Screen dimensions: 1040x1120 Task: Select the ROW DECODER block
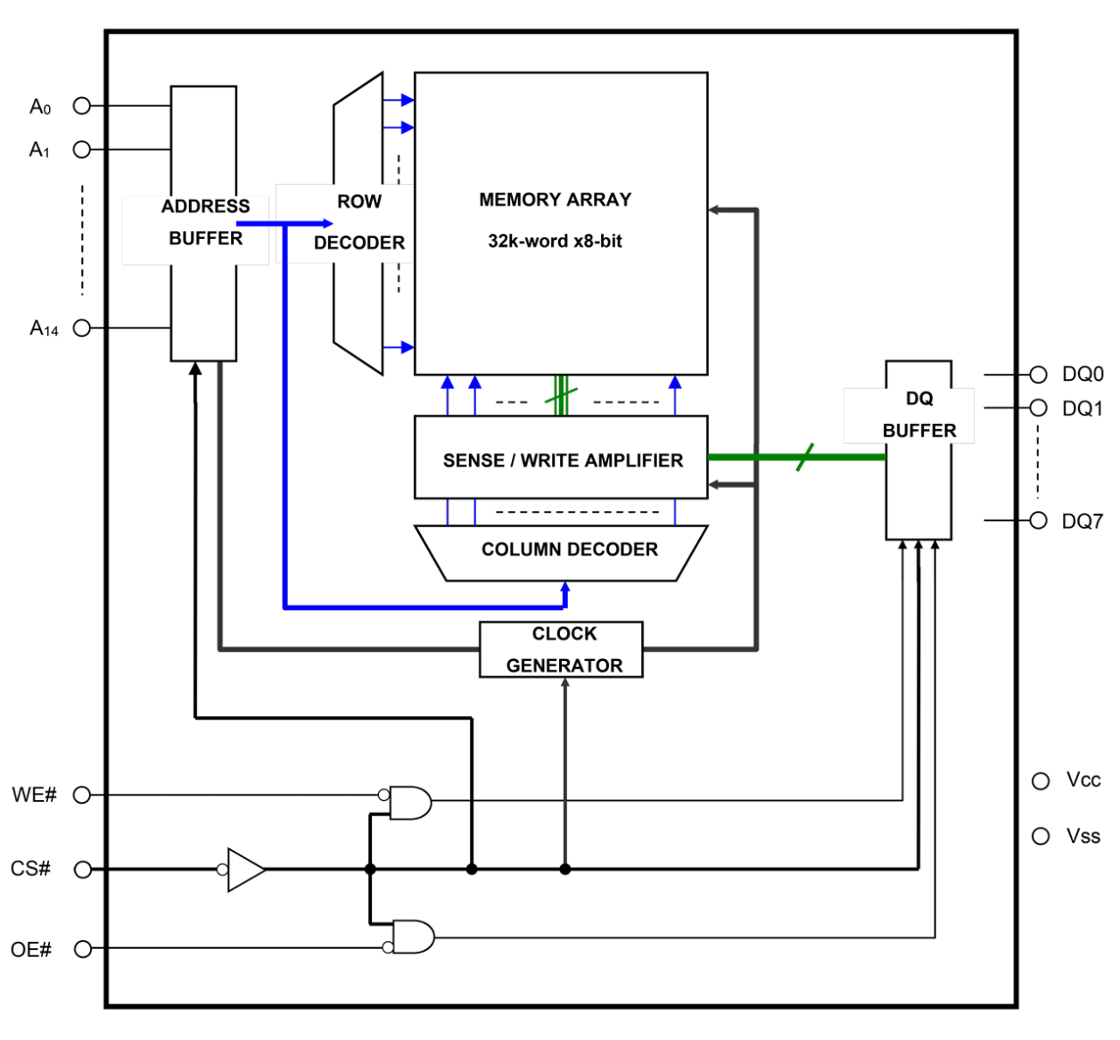358,222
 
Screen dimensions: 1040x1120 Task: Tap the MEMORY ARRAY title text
555,200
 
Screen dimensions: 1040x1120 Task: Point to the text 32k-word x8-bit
555,241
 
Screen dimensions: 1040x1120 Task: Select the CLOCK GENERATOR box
562,649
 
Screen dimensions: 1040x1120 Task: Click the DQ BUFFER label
918,416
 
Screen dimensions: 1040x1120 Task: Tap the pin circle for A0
81,105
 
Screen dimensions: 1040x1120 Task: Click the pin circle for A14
81,327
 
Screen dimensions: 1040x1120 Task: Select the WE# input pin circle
81,794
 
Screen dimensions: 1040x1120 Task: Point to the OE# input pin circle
82,949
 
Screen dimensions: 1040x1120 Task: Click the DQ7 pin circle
1038,520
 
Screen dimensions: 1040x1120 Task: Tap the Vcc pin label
1083,780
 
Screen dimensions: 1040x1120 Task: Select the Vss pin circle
1040,836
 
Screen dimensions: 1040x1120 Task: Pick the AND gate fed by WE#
410,803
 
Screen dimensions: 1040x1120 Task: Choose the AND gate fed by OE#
414,937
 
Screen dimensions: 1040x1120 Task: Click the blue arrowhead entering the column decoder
564,590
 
